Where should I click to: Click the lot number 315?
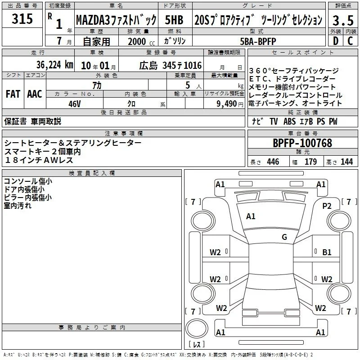pyautogui.click(x=22, y=18)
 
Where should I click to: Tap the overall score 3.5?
pyautogui.click(x=343, y=20)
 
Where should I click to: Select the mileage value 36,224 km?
pyautogui.click(x=54, y=65)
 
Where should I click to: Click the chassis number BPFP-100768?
pyautogui.click(x=302, y=143)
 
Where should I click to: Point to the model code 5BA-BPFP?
pyautogui.click(x=258, y=41)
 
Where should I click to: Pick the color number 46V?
pyautogui.click(x=74, y=104)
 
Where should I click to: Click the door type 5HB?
pyautogui.click(x=174, y=20)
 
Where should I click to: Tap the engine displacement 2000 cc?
pyautogui.click(x=141, y=42)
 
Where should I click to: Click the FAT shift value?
pyautogui.click(x=13, y=94)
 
